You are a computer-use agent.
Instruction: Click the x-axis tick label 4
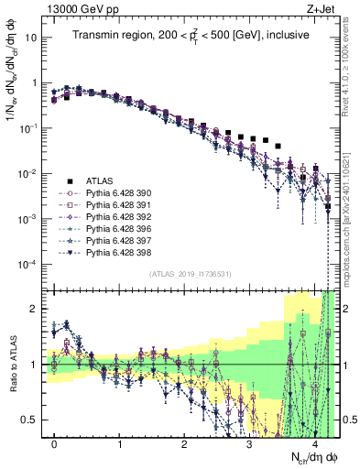coord(313,445)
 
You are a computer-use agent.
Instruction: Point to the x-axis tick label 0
coord(55,445)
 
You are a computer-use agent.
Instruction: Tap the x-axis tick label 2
coord(184,445)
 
